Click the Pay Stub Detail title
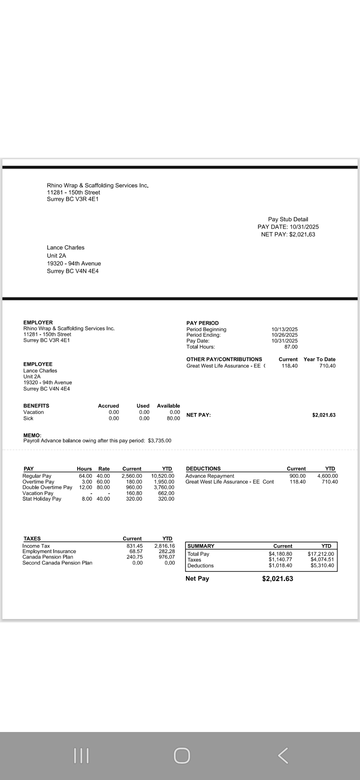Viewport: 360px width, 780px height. pos(288,219)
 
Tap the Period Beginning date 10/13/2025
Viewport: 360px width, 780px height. pos(284,329)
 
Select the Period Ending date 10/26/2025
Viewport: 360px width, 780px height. pos(284,335)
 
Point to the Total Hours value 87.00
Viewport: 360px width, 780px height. pos(291,347)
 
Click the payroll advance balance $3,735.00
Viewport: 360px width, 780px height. pos(159,440)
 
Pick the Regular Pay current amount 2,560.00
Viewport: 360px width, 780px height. pos(132,476)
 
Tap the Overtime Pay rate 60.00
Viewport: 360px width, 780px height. pos(103,481)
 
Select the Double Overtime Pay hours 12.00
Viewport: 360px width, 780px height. pos(85,487)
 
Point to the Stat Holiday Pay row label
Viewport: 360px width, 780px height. pos(42,499)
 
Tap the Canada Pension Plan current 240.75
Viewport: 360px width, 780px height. pos(134,557)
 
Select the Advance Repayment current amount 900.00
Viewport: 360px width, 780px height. pos(297,476)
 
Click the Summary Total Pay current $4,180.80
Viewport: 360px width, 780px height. pos(280,554)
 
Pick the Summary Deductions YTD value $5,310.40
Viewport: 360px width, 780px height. pos(322,565)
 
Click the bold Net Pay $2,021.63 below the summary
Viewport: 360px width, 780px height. pos(277,578)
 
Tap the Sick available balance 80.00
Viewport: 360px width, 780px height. pos(173,418)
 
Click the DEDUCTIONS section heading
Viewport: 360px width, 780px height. pos(203,468)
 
